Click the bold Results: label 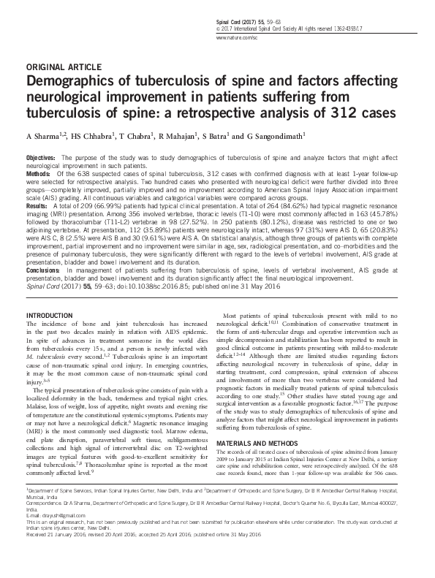(39, 207)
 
